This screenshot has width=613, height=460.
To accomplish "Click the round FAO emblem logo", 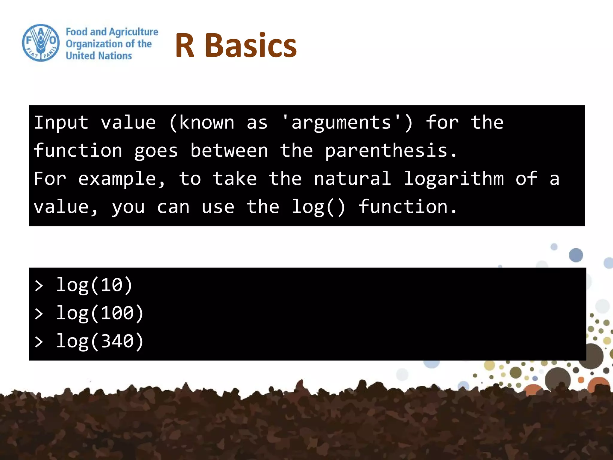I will (x=41, y=43).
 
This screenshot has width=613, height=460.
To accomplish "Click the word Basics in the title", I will (x=251, y=46).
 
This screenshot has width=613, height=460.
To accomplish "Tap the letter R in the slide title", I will (x=185, y=46).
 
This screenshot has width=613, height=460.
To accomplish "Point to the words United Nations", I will (x=99, y=56).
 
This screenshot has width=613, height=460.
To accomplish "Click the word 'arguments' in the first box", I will (x=341, y=123).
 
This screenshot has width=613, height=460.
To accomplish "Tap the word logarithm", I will (x=454, y=179).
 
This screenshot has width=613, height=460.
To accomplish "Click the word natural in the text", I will (x=352, y=179).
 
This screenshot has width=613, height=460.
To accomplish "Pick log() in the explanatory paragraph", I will (x=318, y=207).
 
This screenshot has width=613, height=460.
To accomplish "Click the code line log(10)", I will (x=94, y=285).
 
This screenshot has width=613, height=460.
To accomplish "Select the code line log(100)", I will (x=100, y=313).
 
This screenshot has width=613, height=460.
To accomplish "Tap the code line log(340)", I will (x=100, y=341).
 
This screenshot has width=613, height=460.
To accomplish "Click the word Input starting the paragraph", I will (x=61, y=123).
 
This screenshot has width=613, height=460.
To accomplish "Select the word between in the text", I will (x=229, y=151).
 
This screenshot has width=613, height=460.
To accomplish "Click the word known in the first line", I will (x=207, y=123).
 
